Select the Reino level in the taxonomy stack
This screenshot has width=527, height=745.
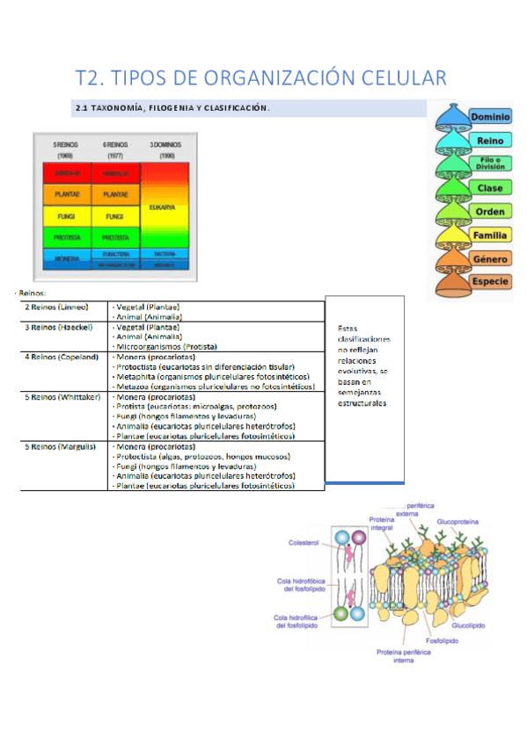tap(490, 141)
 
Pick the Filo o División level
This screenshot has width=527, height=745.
tap(490, 163)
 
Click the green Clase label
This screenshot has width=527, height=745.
tap(490, 188)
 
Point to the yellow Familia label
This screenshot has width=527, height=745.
tap(490, 235)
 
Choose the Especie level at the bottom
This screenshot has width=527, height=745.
tap(490, 282)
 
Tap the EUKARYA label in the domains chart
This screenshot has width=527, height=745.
tap(167, 207)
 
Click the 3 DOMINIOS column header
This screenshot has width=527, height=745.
tap(167, 146)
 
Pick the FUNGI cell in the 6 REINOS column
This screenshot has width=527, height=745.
tap(114, 215)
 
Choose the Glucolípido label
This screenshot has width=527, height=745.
tap(471, 626)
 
